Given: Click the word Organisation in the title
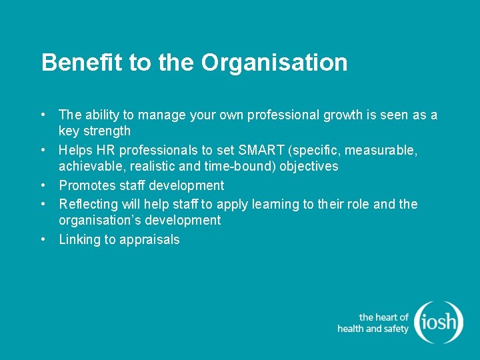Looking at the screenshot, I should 274,63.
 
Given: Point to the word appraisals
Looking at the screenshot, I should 149,240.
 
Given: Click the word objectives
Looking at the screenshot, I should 308,167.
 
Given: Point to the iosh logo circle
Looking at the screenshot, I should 438,323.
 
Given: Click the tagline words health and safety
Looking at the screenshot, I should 373,329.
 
